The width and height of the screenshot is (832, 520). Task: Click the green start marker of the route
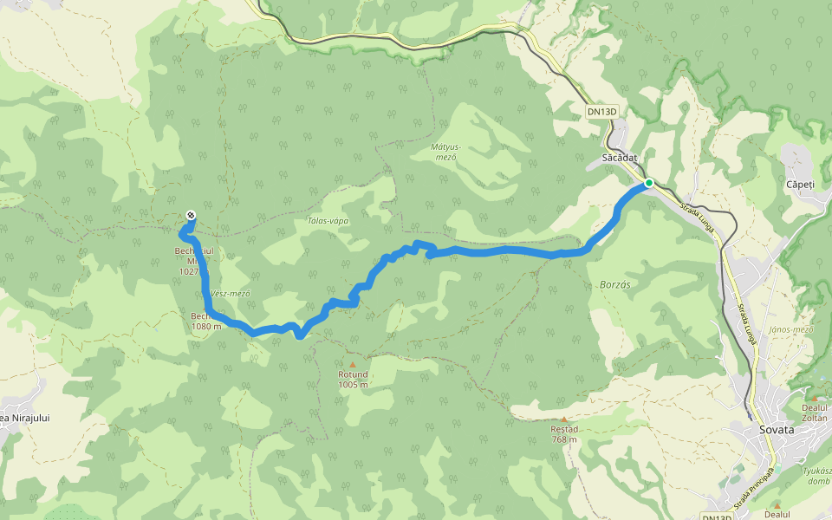coord(648,183)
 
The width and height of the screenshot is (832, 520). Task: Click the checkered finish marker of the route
coord(191,216)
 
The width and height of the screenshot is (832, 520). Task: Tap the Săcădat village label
coord(620,158)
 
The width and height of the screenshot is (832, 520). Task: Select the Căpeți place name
coord(799,185)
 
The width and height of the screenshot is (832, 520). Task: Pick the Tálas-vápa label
coord(328,221)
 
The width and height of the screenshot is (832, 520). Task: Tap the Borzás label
coord(615,283)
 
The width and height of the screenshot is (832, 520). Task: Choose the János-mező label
coord(791,329)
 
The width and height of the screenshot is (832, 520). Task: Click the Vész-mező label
coord(230,294)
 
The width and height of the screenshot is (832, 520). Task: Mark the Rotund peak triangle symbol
coord(353,365)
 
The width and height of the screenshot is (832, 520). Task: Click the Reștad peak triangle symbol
coord(564,419)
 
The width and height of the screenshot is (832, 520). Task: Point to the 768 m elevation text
coord(564,439)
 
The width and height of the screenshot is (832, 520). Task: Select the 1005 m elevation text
coord(353,385)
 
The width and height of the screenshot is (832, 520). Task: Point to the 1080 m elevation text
coord(206,327)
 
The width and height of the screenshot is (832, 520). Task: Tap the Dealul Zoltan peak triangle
coord(814,398)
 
